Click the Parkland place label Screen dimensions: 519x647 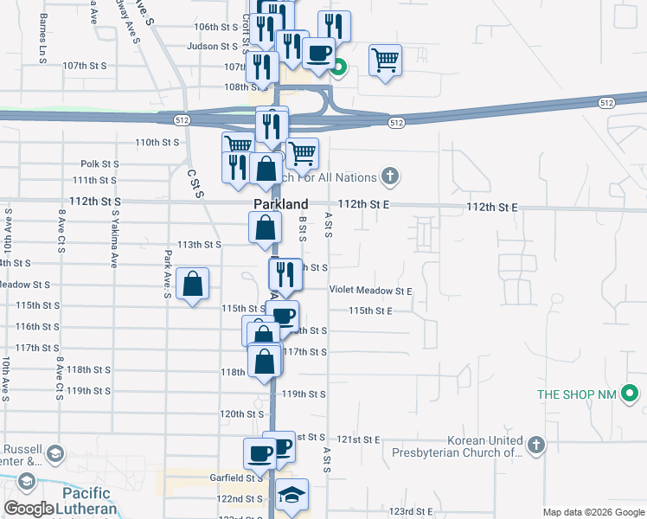280,203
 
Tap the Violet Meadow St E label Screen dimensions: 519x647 370,292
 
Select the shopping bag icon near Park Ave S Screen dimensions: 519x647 192,284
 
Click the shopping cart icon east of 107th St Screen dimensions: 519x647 385,61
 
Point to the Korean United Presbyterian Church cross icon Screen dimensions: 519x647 536,445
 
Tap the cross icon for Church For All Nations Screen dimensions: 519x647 390,177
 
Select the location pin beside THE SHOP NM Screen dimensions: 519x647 632,395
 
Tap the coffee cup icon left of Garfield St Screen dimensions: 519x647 259,452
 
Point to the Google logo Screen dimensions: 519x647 29,509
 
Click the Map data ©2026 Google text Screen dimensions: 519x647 593,512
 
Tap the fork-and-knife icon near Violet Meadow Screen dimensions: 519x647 284,274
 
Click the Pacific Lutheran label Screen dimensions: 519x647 86,501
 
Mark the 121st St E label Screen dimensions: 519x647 359,439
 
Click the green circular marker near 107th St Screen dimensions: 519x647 340,66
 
